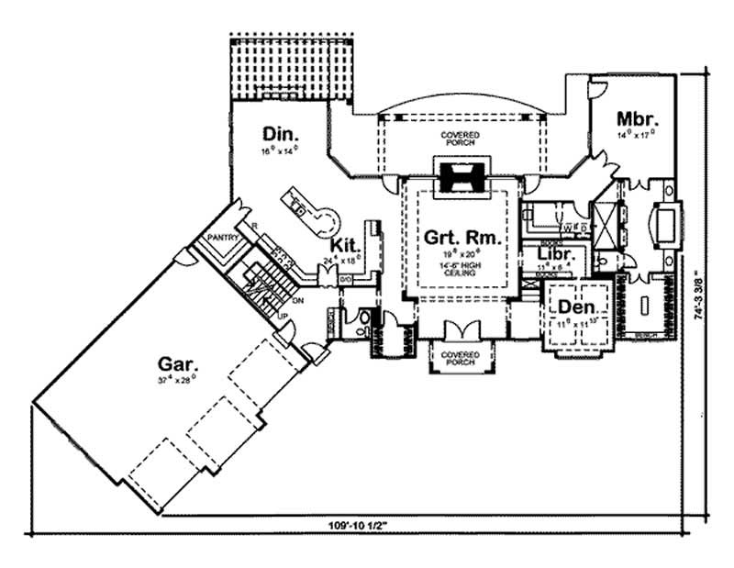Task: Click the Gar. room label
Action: [173, 363]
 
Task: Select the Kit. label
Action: [345, 246]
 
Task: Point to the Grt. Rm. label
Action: [462, 238]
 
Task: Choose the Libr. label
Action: [556, 254]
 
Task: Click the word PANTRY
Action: [223, 238]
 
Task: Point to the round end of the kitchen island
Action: [326, 219]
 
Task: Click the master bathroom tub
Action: [663, 221]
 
